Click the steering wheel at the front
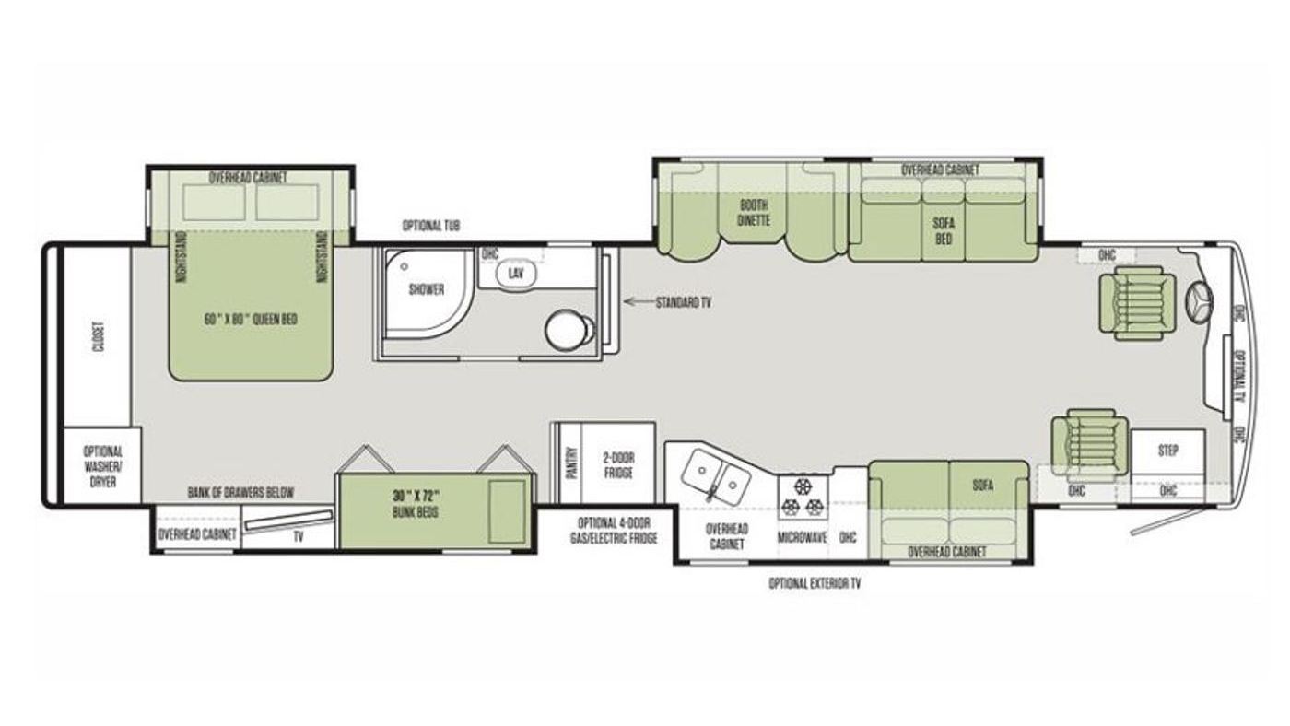[x=1200, y=303]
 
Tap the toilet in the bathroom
[x=569, y=329]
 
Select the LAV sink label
[x=516, y=273]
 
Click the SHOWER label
[x=427, y=289]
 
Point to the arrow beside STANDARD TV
[x=637, y=301]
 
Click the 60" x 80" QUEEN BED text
[x=251, y=319]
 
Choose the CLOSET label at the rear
[x=100, y=337]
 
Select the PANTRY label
[x=572, y=463]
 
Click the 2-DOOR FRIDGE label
[x=618, y=465]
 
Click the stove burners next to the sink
[x=802, y=497]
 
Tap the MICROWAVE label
[x=803, y=538]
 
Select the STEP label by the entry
[x=1168, y=451]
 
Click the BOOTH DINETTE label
[x=754, y=213]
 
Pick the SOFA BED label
[x=944, y=231]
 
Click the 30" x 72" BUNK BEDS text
[x=415, y=503]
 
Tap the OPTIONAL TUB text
[x=431, y=226]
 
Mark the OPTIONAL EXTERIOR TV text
[x=815, y=584]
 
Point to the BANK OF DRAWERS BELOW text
[x=240, y=493]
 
